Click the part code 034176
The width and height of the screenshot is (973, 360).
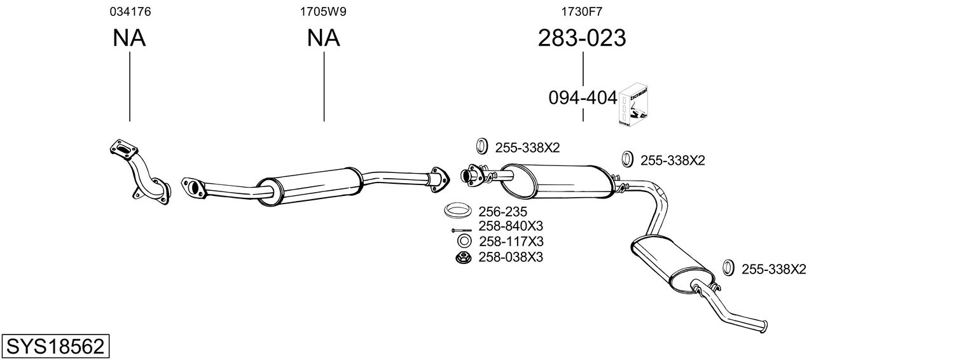pyautogui.click(x=130, y=11)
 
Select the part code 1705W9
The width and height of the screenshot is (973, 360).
pyautogui.click(x=323, y=11)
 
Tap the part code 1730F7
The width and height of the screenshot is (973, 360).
pyautogui.click(x=581, y=11)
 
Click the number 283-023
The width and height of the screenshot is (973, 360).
pyautogui.click(x=582, y=39)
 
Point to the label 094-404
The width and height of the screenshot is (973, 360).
pyautogui.click(x=583, y=98)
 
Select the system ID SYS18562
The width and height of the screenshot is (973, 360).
pyautogui.click(x=55, y=347)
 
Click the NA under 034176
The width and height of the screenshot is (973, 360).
pyautogui.click(x=130, y=39)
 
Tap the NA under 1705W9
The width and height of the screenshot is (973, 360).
pyautogui.click(x=323, y=39)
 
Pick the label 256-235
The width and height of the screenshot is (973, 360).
pyautogui.click(x=502, y=211)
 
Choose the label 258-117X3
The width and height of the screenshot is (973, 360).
pyautogui.click(x=511, y=242)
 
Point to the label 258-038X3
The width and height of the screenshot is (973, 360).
pyautogui.click(x=511, y=257)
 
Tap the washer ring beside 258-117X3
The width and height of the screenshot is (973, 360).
pyautogui.click(x=464, y=242)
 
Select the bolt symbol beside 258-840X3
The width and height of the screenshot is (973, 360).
pyautogui.click(x=462, y=230)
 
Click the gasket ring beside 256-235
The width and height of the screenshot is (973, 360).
pyautogui.click(x=457, y=211)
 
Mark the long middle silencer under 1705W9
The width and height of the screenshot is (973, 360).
pyautogui.click(x=309, y=185)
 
